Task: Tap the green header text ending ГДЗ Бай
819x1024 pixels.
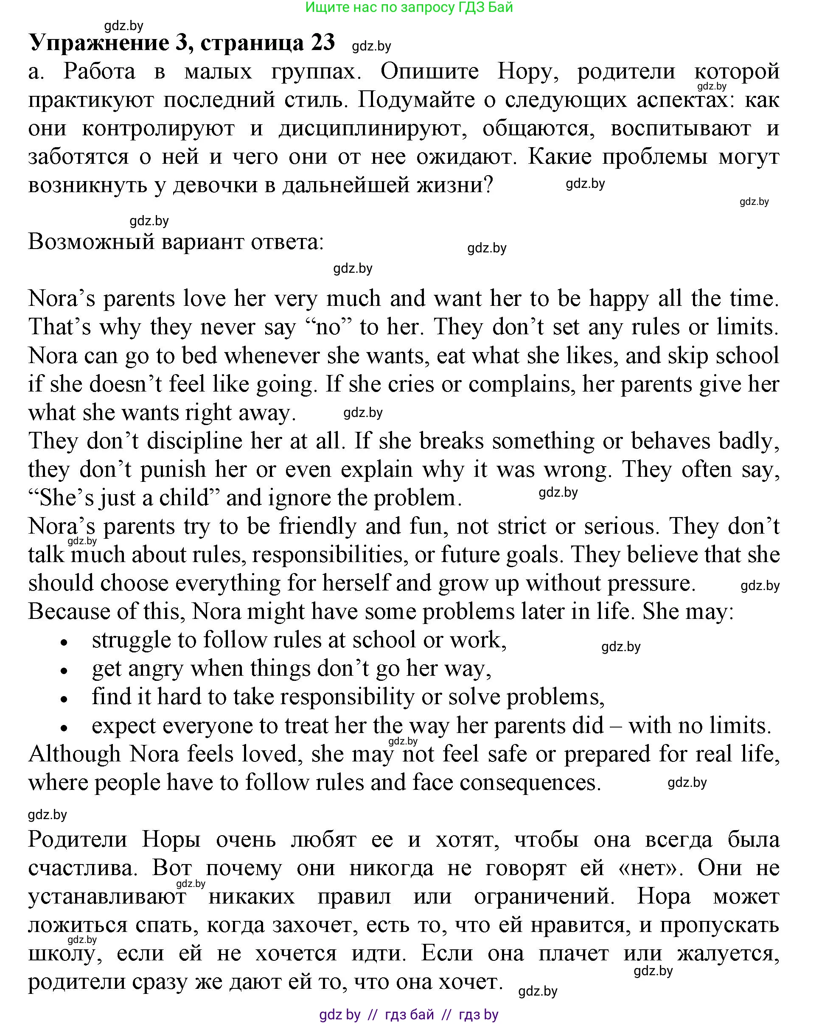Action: (409, 7)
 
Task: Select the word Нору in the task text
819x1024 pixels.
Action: (527, 72)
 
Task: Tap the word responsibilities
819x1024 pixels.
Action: (328, 555)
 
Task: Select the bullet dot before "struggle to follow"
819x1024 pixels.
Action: (64, 643)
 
